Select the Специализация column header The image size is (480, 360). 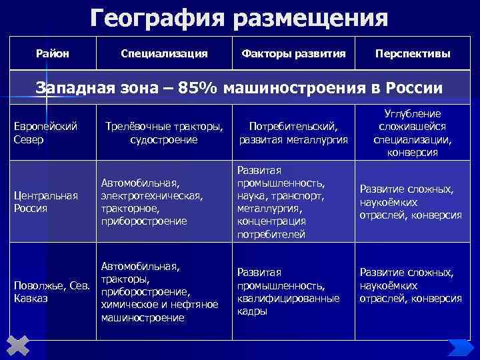(x=164, y=53)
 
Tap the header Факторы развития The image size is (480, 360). (x=293, y=53)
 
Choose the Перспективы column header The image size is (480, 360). (x=412, y=53)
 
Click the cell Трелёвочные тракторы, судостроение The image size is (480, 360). (x=164, y=132)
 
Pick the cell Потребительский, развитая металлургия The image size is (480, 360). (x=293, y=132)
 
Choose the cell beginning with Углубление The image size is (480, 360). (x=412, y=132)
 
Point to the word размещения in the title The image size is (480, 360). (x=310, y=17)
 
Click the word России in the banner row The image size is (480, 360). (x=415, y=88)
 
